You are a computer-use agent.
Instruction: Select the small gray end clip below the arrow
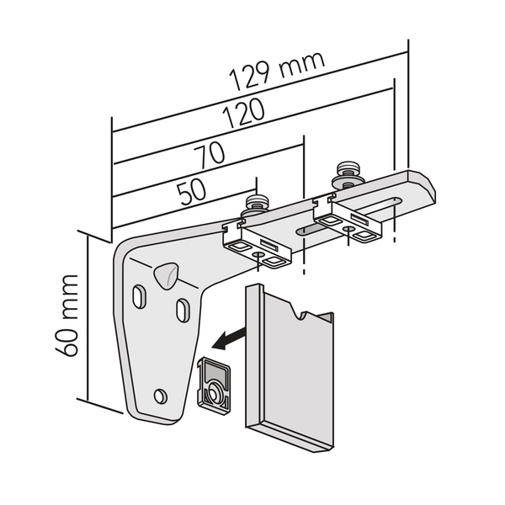215,384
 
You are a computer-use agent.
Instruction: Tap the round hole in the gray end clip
216,391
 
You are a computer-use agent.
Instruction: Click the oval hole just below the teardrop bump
181,310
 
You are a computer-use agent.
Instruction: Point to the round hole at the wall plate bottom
161,396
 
